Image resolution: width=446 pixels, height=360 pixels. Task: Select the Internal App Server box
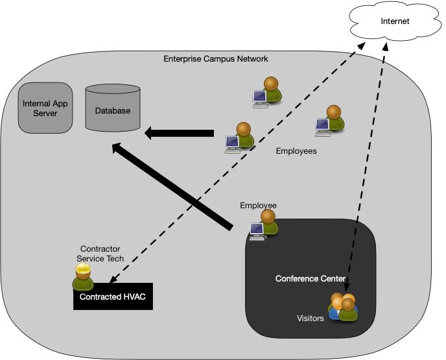pos(45,108)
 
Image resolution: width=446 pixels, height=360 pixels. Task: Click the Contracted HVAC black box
pos(113,296)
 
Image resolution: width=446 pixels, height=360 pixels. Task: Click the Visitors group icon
pos(343,307)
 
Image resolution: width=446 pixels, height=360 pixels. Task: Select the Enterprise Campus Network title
pos(215,59)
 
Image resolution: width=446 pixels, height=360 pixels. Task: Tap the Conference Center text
pos(310,279)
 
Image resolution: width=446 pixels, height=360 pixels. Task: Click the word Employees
pos(296,151)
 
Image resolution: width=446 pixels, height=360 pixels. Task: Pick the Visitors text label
pos(310,318)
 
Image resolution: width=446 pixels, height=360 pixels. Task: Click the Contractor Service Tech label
pos(100,254)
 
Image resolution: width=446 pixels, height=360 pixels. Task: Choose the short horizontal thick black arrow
pos(178,134)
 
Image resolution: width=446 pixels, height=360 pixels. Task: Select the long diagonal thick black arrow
pos(171,186)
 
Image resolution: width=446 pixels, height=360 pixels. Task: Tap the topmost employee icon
pos(266,92)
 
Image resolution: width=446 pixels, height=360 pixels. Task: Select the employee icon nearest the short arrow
pos(239,138)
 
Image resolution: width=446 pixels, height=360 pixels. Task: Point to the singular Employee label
pos(258,206)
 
